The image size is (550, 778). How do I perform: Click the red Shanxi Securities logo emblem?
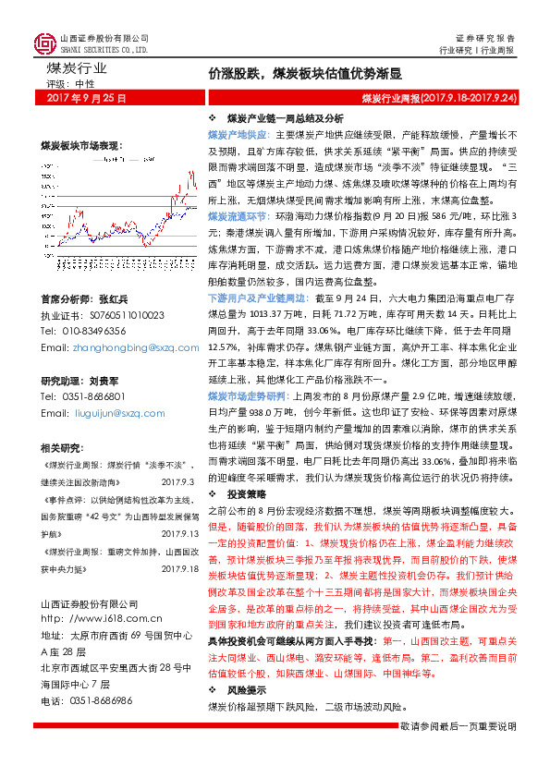click(44, 43)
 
